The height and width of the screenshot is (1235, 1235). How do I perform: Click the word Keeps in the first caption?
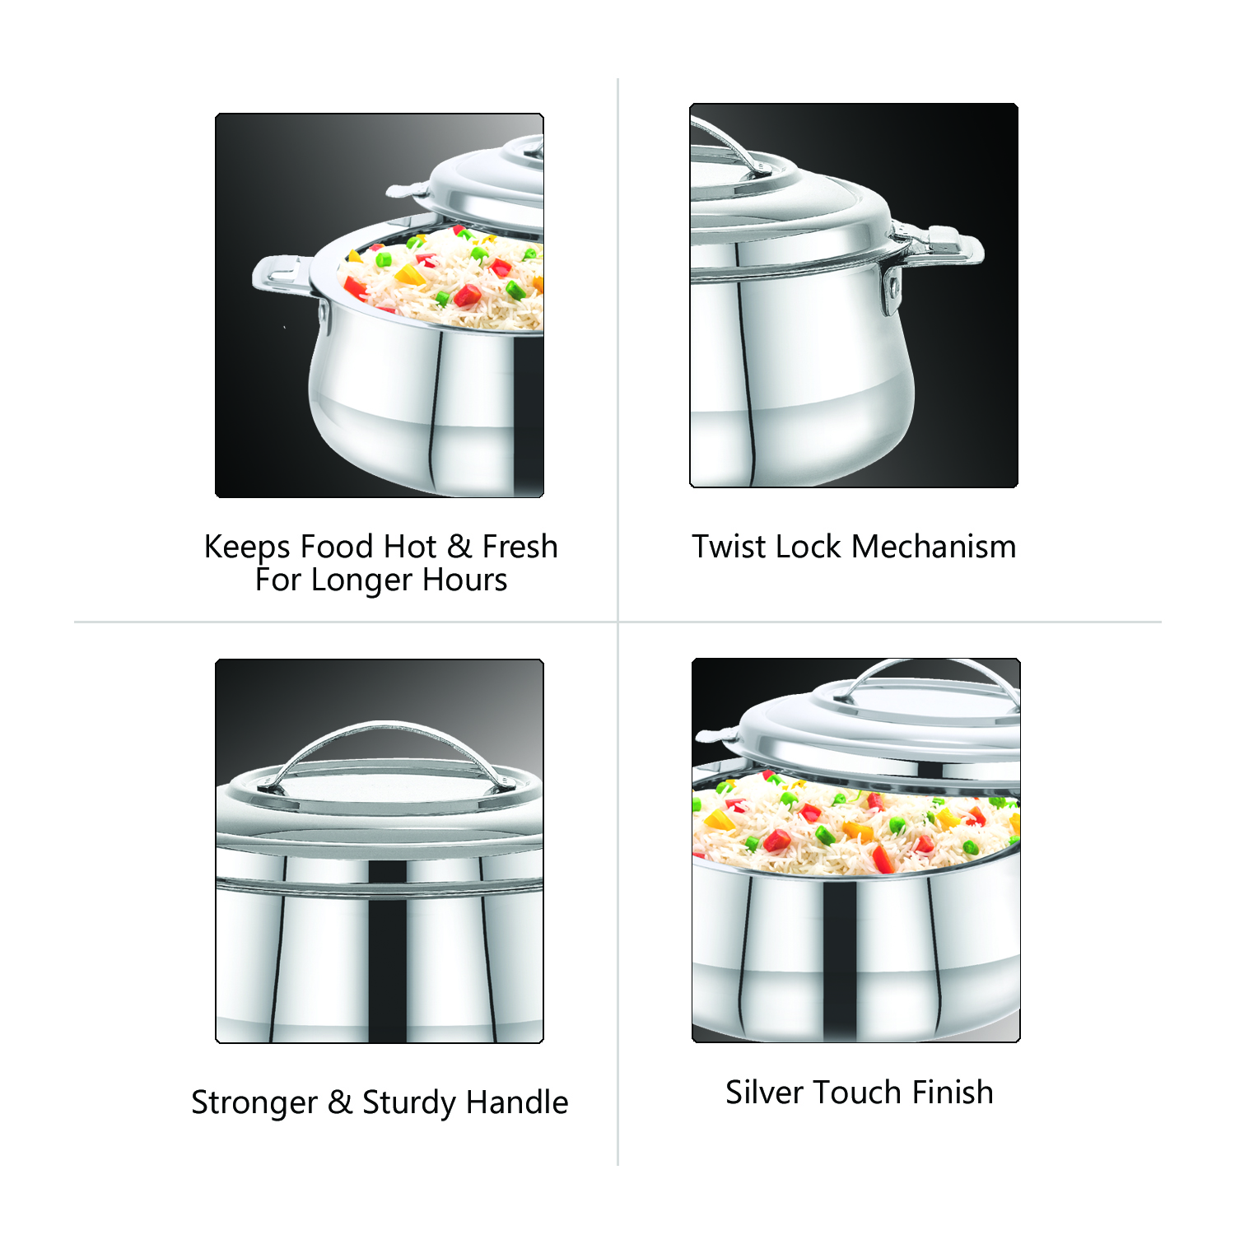click(247, 548)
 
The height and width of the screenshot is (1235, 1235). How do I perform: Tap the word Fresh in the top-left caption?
click(520, 547)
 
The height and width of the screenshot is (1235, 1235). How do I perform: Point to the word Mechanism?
click(934, 547)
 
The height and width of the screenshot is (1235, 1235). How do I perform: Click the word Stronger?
click(254, 1102)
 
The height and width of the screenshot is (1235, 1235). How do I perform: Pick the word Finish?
click(953, 1093)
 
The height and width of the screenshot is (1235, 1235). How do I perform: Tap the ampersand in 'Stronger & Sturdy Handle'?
click(340, 1102)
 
